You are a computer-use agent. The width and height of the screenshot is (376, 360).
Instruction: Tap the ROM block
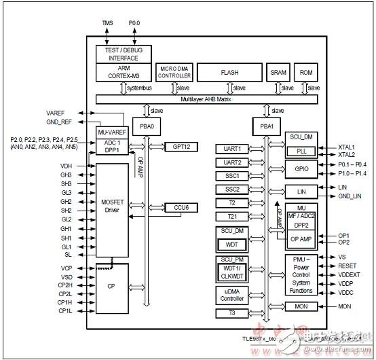[306, 71]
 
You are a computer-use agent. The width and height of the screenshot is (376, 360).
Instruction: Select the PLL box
[301, 151]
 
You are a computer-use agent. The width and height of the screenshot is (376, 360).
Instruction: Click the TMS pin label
[108, 23]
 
